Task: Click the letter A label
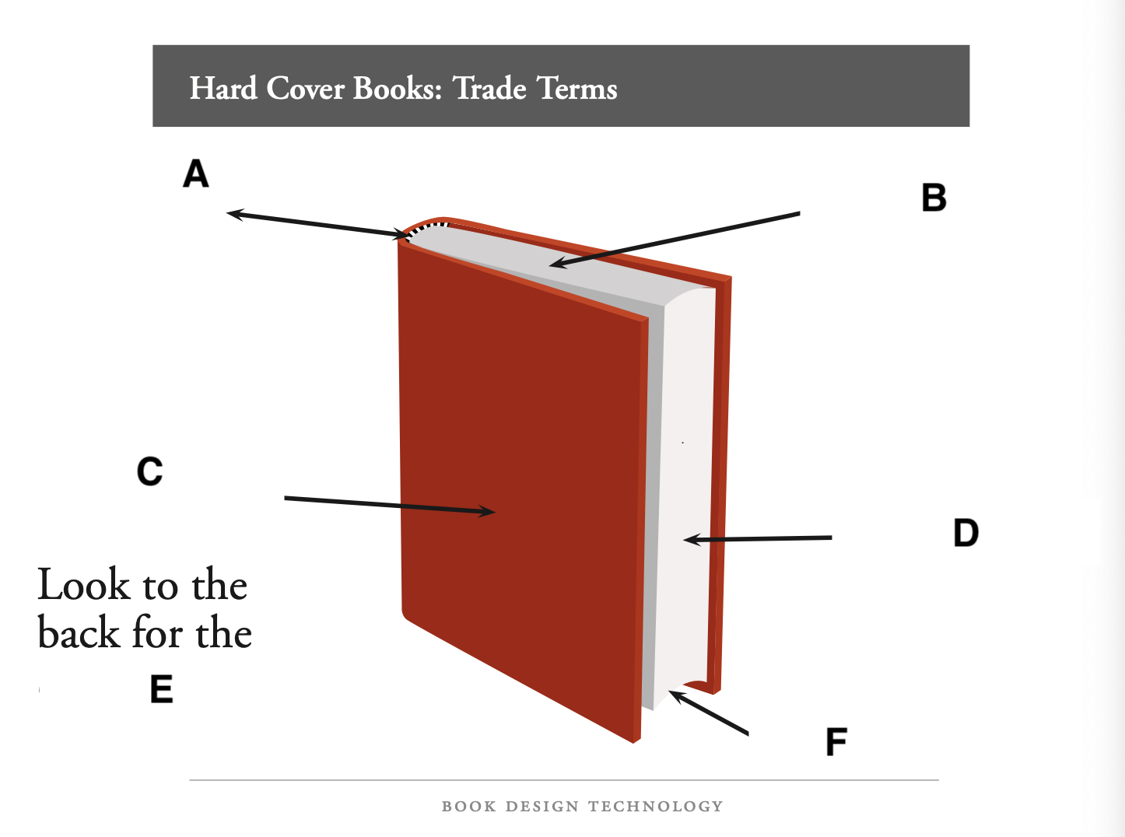pos(196,173)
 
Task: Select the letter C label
pos(149,471)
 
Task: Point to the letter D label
pos(966,533)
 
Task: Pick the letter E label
pos(161,689)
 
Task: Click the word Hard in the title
pos(223,88)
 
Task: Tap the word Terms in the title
pos(577,88)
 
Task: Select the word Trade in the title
pos(490,88)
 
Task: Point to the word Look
pos(83,585)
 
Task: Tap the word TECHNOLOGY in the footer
pos(655,807)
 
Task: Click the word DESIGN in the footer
pos(541,807)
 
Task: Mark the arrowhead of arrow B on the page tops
pos(555,265)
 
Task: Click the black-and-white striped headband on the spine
pos(426,228)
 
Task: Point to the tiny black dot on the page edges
pos(682,443)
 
